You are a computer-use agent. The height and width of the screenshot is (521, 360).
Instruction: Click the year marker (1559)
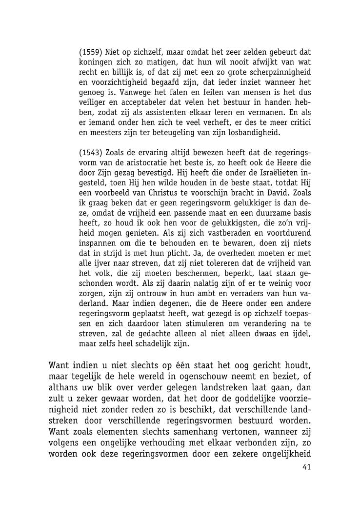(91, 52)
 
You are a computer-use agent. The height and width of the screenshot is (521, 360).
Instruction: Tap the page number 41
(306, 467)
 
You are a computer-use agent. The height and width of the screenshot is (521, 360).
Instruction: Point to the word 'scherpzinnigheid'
(280, 73)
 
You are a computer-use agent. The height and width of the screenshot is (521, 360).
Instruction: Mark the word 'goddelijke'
(247, 398)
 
